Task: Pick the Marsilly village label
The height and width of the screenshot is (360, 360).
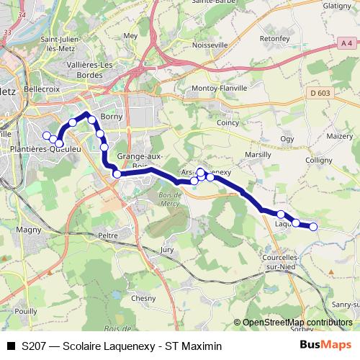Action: point(258,155)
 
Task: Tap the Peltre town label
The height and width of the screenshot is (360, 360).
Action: point(107,235)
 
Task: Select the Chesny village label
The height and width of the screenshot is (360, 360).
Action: point(143,298)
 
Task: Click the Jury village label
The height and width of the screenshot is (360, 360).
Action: point(167,249)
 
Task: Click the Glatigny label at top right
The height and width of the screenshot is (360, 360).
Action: point(342,5)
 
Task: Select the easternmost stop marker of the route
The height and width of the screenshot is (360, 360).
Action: point(313,227)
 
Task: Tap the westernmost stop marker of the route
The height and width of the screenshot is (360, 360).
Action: point(47,135)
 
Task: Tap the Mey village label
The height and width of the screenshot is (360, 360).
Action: point(130,35)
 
